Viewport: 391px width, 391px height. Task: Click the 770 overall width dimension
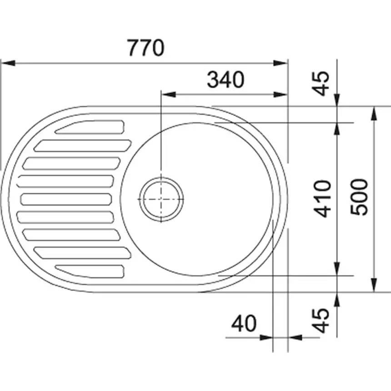[145, 48]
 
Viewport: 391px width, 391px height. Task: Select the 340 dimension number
[226, 80]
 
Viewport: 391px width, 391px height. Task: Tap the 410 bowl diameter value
[323, 198]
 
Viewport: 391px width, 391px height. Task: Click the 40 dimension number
[244, 324]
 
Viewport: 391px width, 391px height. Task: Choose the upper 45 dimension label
[322, 84]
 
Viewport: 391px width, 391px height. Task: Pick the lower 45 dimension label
[322, 320]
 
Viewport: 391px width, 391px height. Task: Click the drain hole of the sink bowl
[161, 199]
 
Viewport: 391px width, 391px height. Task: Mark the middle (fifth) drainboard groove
[66, 199]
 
